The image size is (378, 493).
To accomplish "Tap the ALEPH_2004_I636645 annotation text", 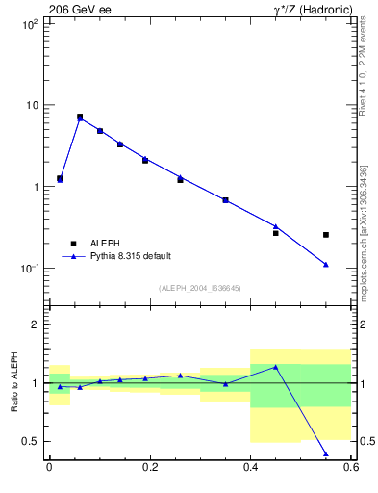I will [199, 288].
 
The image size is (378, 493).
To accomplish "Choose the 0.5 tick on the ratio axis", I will [33, 442].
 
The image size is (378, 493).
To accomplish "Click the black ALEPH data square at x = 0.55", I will [326, 234].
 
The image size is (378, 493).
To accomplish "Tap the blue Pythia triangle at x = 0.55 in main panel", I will [326, 264].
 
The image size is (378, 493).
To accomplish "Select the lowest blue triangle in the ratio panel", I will [326, 454].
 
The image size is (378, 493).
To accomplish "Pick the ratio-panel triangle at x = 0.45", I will [276, 367].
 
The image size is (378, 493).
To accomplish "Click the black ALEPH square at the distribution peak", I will [80, 117].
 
